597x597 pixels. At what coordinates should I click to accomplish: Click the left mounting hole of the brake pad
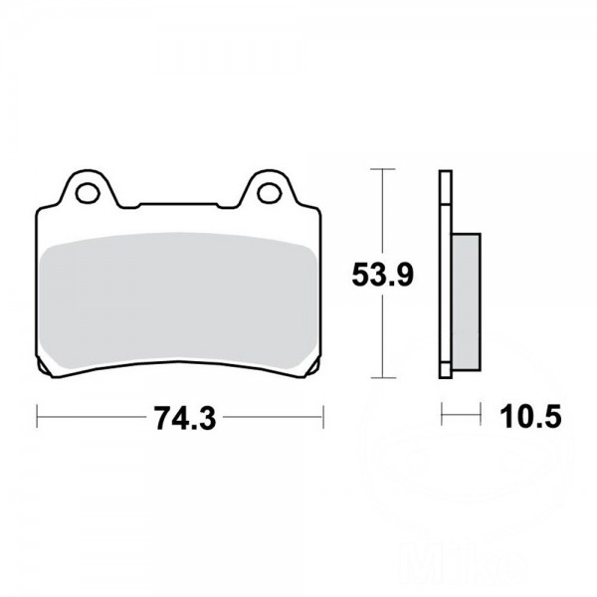(x=88, y=193)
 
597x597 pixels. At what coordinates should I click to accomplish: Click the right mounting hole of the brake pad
(x=270, y=193)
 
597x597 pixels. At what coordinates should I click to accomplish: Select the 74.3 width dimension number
(x=185, y=418)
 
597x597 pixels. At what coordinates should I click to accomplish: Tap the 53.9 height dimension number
(x=382, y=275)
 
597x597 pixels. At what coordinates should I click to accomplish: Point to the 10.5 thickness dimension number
(x=530, y=416)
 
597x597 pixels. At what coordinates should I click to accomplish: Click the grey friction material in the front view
(x=178, y=301)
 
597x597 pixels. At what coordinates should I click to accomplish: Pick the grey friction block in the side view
(x=466, y=301)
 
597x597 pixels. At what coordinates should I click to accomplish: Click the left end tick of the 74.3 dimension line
(x=37, y=417)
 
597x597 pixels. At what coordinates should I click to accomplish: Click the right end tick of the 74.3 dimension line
(x=323, y=417)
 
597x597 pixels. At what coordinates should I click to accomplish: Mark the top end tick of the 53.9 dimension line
(x=382, y=169)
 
